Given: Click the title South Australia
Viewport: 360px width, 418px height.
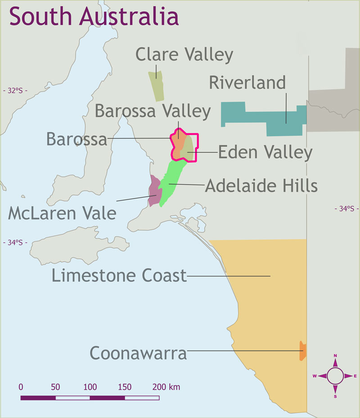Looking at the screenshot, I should tap(94, 17).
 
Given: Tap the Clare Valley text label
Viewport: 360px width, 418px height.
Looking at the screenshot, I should tap(184, 55).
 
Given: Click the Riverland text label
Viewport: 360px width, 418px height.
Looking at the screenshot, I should tap(247, 83).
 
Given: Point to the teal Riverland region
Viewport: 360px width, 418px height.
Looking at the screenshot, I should tap(265, 117).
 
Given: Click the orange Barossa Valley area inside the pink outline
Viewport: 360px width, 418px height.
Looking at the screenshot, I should tap(178, 144).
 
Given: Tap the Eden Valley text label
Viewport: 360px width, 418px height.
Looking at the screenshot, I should tap(265, 153).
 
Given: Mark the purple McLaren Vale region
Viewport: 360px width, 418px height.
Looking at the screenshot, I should tap(154, 191).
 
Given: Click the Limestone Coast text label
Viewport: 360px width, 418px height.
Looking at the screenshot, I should tap(119, 275).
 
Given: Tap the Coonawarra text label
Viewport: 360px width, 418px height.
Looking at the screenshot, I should tap(139, 353).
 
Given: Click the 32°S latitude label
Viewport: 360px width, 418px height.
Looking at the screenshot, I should tap(14, 90).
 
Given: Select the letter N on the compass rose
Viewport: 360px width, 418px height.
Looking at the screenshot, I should tap(335, 356).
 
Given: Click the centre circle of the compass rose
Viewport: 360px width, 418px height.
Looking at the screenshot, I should tap(335, 376).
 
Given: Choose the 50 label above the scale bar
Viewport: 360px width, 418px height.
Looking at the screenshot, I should tap(55, 387).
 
